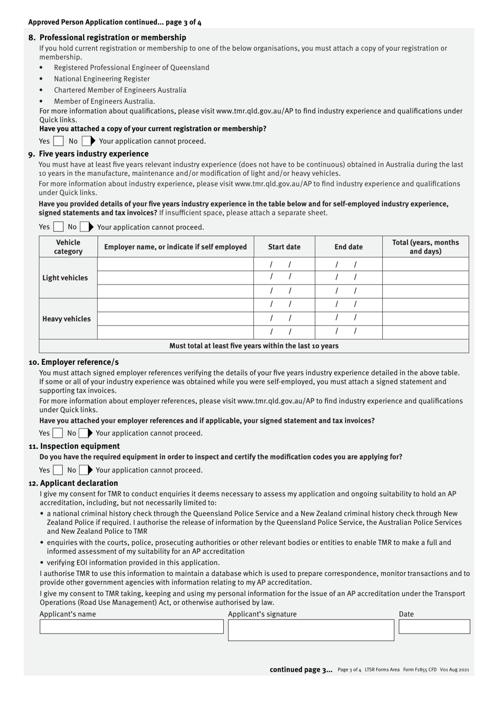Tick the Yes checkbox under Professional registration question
pos(59,141)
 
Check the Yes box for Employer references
pos(58,433)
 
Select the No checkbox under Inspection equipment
pos(84,470)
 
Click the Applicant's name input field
pos(132,627)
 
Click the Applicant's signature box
pos(311,630)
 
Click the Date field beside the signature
pos(434,627)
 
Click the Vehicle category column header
pos(68,247)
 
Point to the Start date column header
pos(284,247)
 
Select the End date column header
pos(349,247)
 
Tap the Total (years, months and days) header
pos(425,247)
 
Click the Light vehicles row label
pos(66,278)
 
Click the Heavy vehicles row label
pos(67,319)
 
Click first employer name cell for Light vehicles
pos(176,264)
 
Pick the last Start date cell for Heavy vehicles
pos(284,332)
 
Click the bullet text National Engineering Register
pos(102,79)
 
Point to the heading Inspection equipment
pos(80,446)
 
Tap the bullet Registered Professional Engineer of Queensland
pos(132,68)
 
